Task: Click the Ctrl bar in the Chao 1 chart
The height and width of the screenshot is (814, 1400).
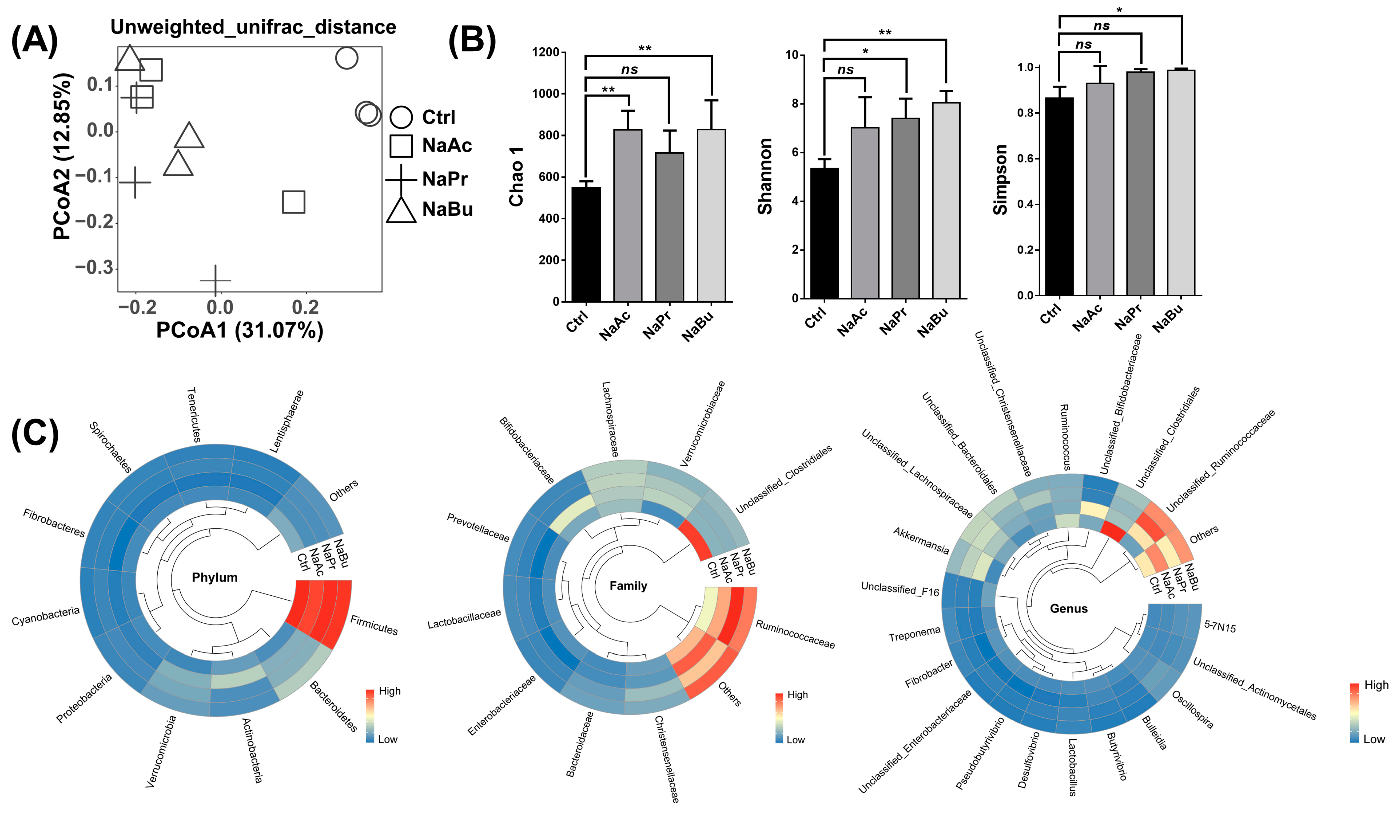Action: (x=586, y=244)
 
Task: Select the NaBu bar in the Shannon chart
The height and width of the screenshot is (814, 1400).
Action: (x=946, y=200)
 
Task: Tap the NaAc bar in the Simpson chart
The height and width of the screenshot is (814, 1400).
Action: (x=1100, y=189)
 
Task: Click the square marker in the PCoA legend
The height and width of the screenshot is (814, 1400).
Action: (x=401, y=146)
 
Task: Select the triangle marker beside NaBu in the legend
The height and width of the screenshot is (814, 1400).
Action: (x=401, y=210)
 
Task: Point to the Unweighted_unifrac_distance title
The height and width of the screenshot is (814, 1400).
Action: (x=253, y=27)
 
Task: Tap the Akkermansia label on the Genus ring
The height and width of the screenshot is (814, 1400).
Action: (x=921, y=540)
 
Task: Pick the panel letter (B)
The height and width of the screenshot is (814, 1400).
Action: (x=472, y=41)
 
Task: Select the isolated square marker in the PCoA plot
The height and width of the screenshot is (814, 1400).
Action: (x=293, y=202)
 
